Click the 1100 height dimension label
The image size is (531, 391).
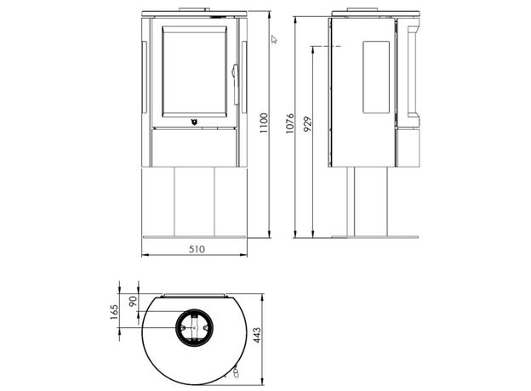(264, 122)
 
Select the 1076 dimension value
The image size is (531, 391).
(290, 123)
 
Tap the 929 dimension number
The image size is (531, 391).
(307, 124)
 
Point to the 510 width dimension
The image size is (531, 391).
(197, 249)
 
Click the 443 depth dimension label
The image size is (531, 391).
(257, 335)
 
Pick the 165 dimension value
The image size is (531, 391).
(114, 312)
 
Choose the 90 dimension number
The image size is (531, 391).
(133, 301)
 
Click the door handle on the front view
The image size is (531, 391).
(234, 73)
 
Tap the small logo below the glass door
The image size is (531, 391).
(194, 122)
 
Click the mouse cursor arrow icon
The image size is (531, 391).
(274, 39)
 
